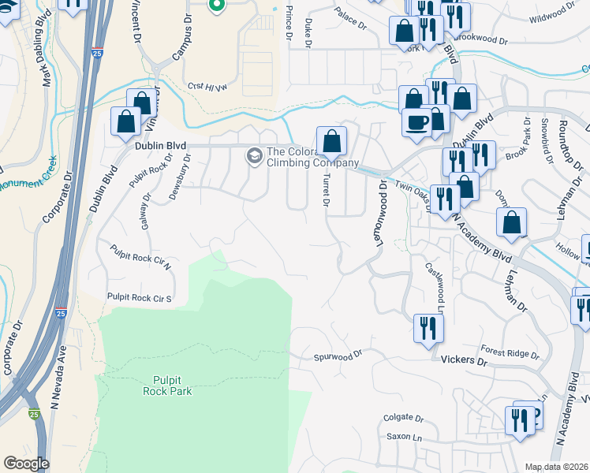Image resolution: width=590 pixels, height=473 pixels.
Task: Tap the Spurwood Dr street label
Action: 338,355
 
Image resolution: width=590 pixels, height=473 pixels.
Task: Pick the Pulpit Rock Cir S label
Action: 140,297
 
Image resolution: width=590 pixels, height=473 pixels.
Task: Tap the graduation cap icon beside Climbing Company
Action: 255,156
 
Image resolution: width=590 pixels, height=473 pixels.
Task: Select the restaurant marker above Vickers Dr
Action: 427,327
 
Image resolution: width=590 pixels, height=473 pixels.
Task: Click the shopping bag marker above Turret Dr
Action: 332,142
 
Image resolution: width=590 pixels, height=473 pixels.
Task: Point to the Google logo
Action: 26,463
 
